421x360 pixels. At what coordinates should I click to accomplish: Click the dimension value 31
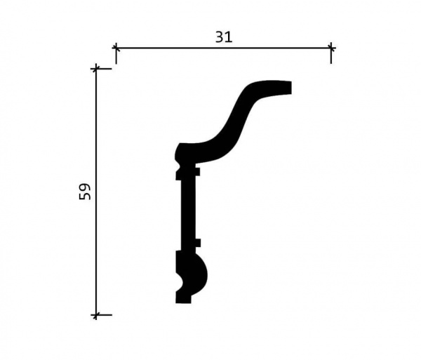click(224, 37)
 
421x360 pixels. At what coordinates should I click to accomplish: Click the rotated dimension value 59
click(85, 192)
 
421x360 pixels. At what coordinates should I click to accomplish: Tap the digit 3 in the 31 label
click(220, 37)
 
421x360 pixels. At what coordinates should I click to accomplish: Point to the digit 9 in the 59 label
click(85, 187)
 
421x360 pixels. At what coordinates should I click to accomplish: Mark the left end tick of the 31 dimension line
click(116, 48)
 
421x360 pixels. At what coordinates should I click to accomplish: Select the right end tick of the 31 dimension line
click(331, 48)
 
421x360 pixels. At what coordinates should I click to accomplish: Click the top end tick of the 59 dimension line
click(96, 69)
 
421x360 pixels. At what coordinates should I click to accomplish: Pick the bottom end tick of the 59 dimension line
click(96, 314)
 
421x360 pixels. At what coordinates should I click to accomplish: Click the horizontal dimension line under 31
click(223, 48)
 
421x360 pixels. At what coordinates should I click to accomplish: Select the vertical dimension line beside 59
click(96, 192)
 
